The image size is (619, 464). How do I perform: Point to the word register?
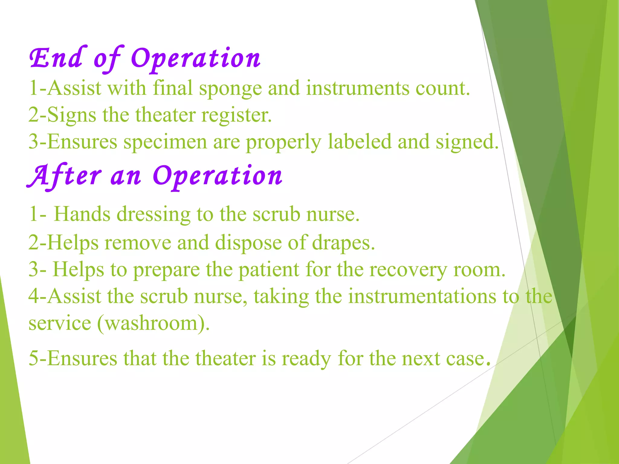click(x=236, y=115)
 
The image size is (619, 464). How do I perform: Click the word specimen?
click(x=165, y=142)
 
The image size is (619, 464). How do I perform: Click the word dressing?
click(x=154, y=214)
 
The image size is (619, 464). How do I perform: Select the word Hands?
click(x=82, y=214)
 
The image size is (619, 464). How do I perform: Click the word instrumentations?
click(x=422, y=296)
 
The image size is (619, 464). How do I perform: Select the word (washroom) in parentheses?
click(x=153, y=323)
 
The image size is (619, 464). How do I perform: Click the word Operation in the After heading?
click(x=218, y=176)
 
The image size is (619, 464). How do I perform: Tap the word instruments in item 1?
click(x=357, y=89)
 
